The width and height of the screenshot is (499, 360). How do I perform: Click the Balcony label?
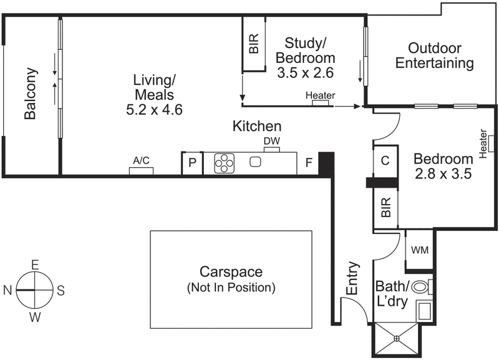tap(29, 94)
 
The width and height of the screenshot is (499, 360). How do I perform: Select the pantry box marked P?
tap(192, 163)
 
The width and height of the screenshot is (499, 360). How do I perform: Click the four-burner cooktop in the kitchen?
tap(224, 163)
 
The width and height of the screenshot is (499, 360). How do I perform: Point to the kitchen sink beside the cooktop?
tap(254, 162)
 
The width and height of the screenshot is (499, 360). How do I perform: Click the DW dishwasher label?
tap(271, 141)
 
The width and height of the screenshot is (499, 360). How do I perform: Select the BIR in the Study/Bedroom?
tap(254, 44)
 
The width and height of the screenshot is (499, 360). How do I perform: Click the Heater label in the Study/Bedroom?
tap(320, 95)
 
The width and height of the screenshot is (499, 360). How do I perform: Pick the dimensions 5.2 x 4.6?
tap(154, 109)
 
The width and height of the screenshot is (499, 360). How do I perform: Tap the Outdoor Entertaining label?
tap(435, 56)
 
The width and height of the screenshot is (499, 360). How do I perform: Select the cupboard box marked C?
tap(385, 160)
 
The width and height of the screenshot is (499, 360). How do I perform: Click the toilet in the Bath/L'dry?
tap(422, 288)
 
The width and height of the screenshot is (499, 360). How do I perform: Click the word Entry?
tap(352, 278)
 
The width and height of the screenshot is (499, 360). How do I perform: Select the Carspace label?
tap(231, 272)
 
